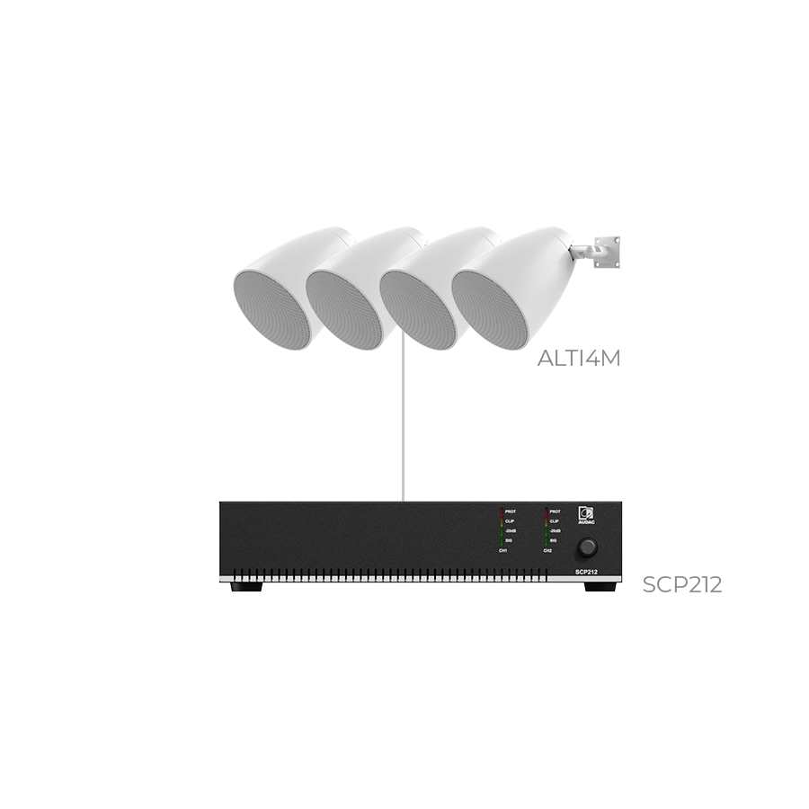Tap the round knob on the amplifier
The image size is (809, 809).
pyautogui.click(x=588, y=546)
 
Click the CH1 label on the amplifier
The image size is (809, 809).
pyautogui.click(x=503, y=550)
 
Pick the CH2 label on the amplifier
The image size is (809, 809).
pyautogui.click(x=547, y=550)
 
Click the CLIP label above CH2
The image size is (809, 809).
pyautogui.click(x=554, y=520)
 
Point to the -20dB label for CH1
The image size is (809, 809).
pyautogui.click(x=511, y=530)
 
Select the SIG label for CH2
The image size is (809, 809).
pyautogui.click(x=553, y=540)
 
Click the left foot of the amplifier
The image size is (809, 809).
pyautogui.click(x=248, y=589)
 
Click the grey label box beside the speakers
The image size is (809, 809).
pyautogui.click(x=578, y=356)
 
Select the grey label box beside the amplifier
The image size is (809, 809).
pyautogui.click(x=682, y=587)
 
